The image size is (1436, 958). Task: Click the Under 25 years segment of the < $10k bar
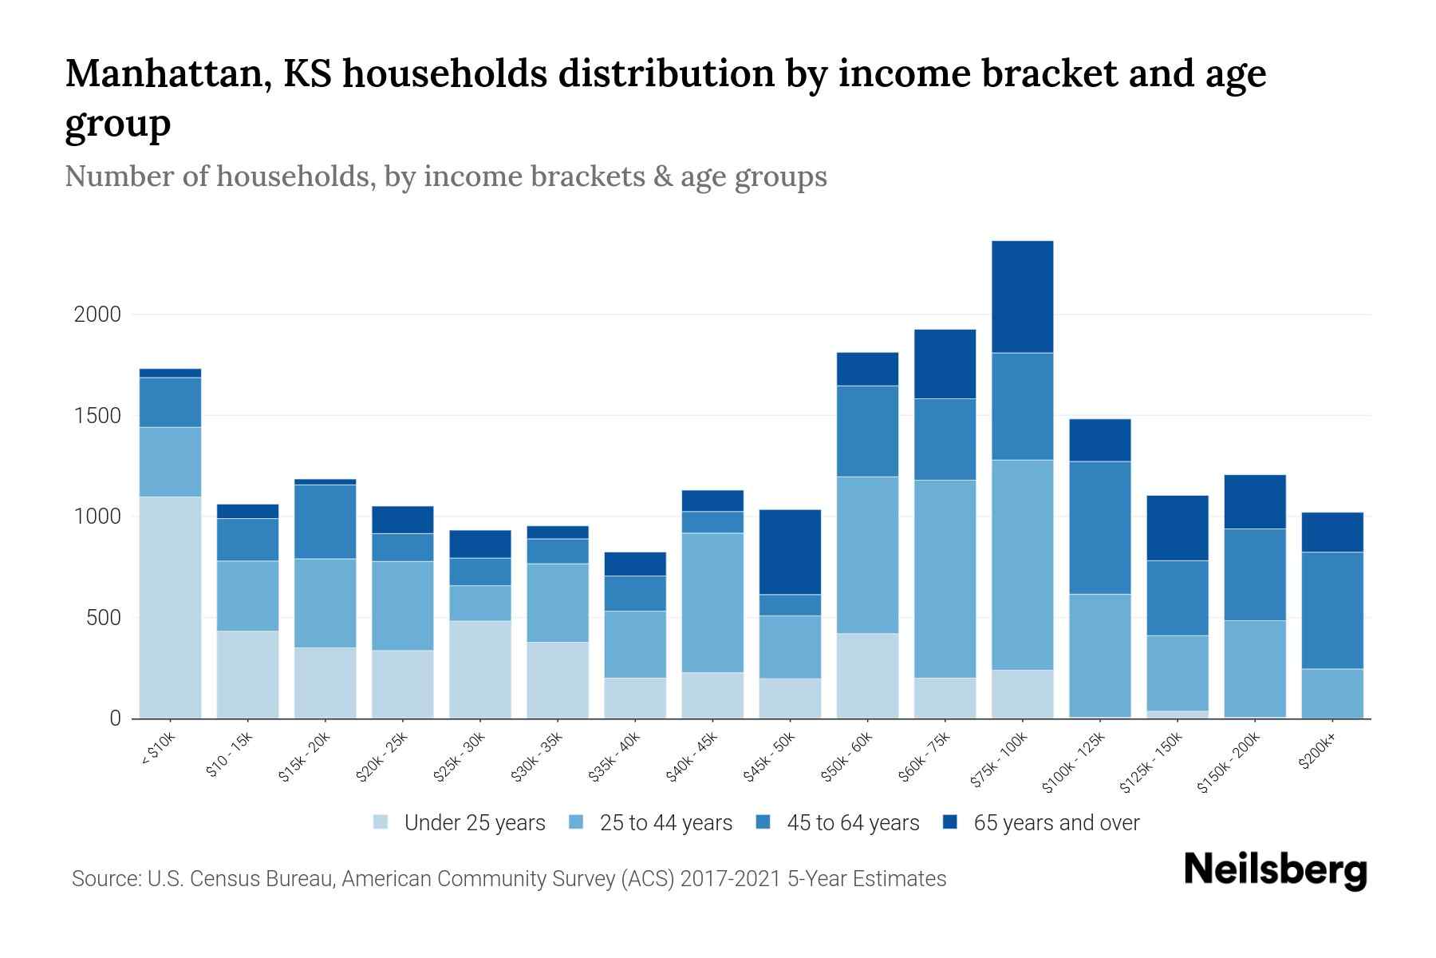170,607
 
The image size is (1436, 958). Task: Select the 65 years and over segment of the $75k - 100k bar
1022,296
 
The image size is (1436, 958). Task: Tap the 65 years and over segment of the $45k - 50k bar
790,552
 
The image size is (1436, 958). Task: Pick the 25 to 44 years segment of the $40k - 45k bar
712,602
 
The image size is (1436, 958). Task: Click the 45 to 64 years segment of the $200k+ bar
1331,610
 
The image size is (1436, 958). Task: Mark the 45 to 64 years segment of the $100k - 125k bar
1099,527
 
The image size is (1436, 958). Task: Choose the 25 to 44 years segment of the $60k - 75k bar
945,578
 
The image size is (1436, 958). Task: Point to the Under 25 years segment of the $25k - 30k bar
480,669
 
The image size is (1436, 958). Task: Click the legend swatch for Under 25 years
381,822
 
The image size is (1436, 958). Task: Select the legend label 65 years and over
1056,822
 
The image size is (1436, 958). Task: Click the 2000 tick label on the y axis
97,315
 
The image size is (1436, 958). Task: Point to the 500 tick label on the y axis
104,618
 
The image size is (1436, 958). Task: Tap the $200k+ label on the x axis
1317,752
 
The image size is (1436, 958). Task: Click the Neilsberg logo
1275,871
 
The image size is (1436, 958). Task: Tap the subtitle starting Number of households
445,176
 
